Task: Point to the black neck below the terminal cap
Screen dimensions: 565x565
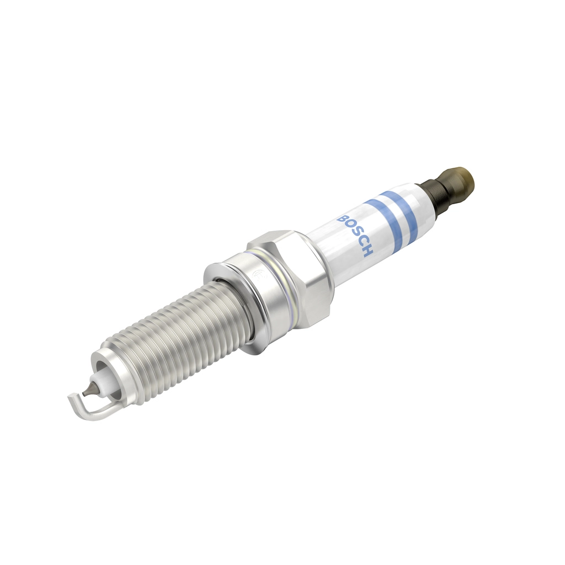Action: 433,196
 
